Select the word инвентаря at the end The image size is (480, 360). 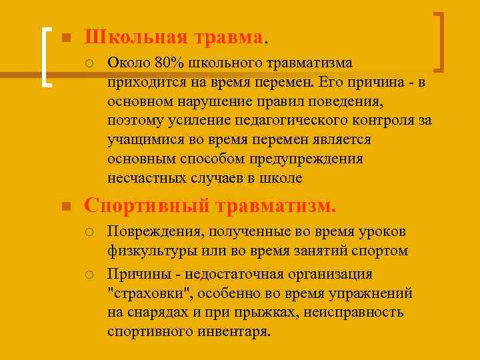pos(234,332)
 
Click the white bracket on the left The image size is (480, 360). pos(46,56)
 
